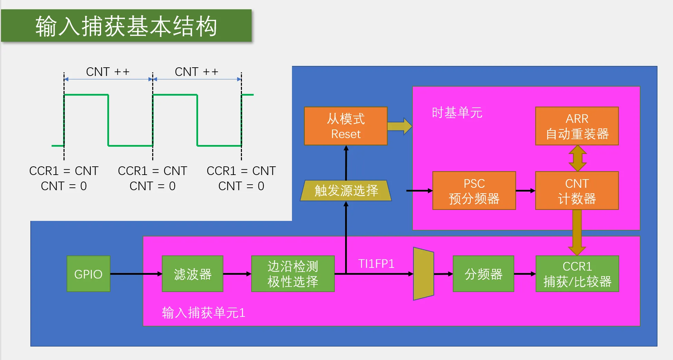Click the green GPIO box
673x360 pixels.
point(88,274)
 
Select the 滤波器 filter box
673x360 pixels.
point(193,274)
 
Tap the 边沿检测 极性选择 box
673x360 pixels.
point(293,274)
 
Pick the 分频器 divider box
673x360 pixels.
point(483,274)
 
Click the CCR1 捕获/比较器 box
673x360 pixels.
point(577,274)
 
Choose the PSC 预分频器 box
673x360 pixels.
point(474,191)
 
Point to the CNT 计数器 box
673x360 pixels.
point(577,191)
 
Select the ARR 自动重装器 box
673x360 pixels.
point(577,126)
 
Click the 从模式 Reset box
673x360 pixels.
point(346,126)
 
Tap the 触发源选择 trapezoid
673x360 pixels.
point(346,191)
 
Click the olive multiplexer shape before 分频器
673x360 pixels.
point(423,274)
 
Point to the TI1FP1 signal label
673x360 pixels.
point(376,264)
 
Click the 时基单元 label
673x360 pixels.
point(457,113)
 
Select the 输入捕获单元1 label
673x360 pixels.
point(204,313)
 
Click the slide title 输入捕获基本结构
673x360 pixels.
point(126,26)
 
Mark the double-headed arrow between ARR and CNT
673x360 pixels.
point(577,158)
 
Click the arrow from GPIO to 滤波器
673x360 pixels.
point(136,274)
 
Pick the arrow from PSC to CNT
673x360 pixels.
point(526,191)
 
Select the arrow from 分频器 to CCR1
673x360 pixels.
point(525,274)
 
